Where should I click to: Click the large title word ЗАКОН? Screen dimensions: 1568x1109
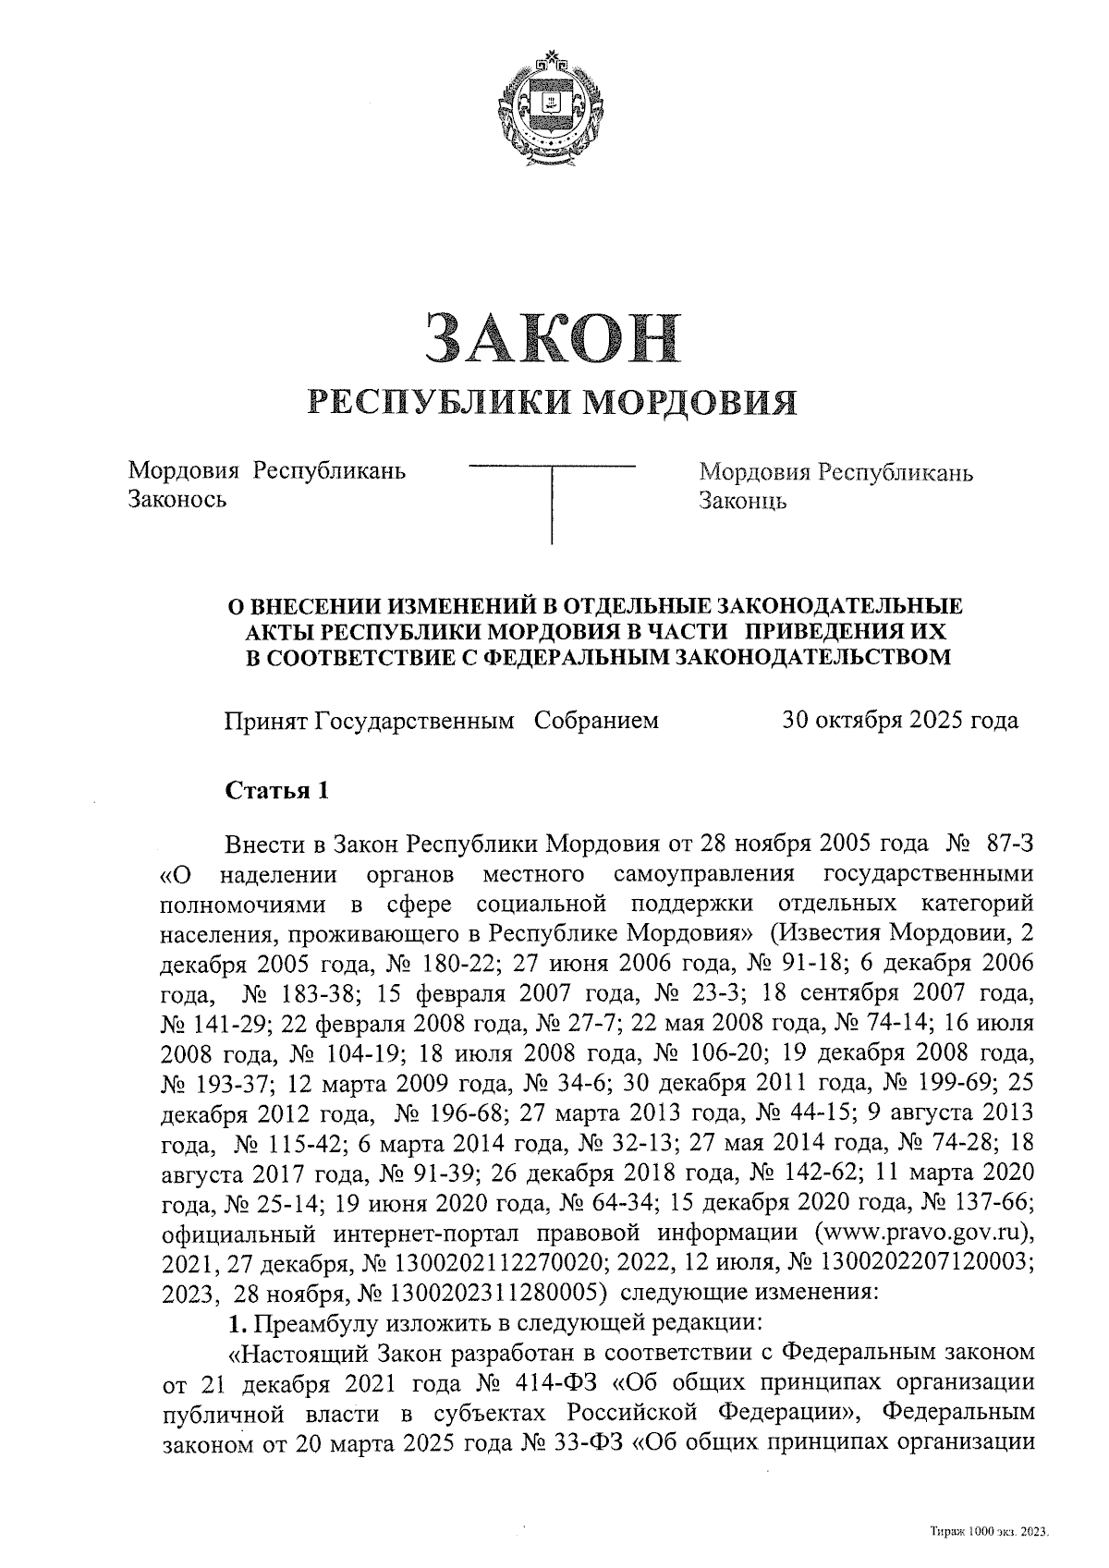pyautogui.click(x=552, y=338)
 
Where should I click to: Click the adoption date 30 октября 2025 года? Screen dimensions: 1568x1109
pyautogui.click(x=900, y=720)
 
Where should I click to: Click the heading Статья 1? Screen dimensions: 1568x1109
pyautogui.click(x=277, y=791)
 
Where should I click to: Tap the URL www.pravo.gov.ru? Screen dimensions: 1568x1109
pyautogui.click(x=917, y=1234)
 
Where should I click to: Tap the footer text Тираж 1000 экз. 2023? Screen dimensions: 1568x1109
pyautogui.click(x=989, y=1532)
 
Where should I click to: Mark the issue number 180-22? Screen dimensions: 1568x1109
pyautogui.click(x=445, y=962)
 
